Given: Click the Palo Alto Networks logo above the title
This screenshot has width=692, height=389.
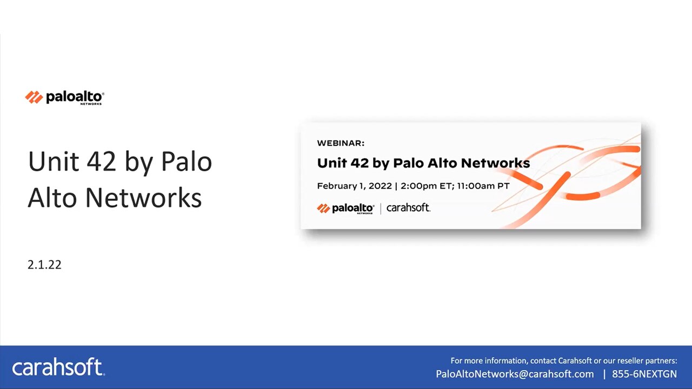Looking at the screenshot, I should tap(64, 97).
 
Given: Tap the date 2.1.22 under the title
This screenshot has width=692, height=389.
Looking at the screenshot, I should tap(44, 265).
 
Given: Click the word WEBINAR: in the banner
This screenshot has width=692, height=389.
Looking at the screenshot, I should tap(341, 143).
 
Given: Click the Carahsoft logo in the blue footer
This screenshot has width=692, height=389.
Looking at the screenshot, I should tap(58, 367).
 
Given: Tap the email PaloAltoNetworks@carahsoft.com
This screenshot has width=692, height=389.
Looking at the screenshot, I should tap(515, 374).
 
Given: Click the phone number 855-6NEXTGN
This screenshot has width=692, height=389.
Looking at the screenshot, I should tap(644, 374).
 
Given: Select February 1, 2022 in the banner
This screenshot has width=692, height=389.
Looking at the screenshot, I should tap(354, 186).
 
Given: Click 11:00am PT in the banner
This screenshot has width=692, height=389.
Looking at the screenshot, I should tap(483, 186).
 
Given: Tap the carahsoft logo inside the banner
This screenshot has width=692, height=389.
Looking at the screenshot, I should tap(408, 207).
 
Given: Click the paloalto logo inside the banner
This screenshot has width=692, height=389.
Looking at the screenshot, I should tap(345, 208).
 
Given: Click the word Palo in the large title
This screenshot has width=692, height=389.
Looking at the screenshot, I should tap(187, 162).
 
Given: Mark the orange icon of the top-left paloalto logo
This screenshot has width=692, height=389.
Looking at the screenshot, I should tap(34, 97).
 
